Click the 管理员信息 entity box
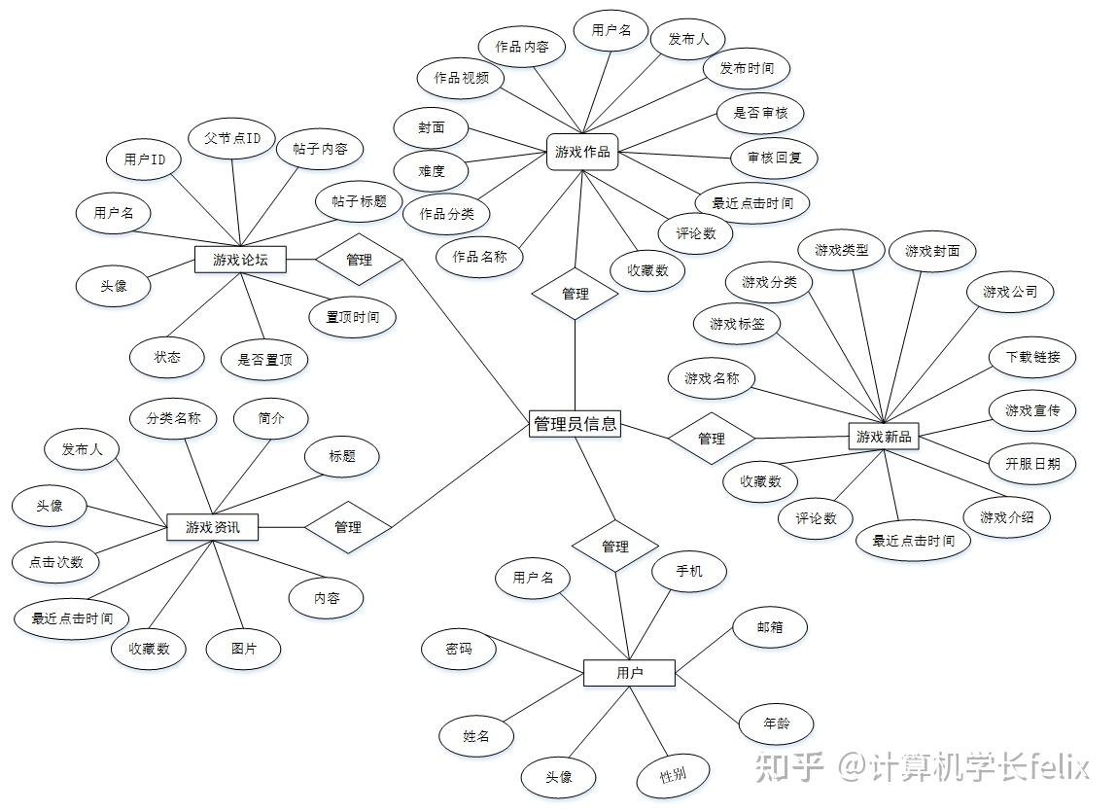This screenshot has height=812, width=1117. click(575, 424)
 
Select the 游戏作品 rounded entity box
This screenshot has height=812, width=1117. click(582, 152)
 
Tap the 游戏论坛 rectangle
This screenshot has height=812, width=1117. click(240, 260)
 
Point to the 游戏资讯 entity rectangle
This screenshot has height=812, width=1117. click(213, 527)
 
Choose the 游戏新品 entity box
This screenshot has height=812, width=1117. click(884, 437)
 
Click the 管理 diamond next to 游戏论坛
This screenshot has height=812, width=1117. click(359, 260)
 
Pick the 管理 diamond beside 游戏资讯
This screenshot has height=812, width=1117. click(348, 527)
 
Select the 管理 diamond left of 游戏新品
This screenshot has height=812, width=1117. click(712, 439)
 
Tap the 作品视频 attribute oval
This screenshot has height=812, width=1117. click(461, 78)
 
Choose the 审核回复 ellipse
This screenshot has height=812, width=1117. click(774, 157)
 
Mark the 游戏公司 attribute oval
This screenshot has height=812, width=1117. click(1009, 292)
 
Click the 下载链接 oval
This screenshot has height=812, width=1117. click(1031, 357)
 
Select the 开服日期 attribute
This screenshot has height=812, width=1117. click(1031, 464)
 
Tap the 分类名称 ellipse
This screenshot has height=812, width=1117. click(174, 418)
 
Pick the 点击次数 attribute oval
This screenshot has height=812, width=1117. click(55, 562)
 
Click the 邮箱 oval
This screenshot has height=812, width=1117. click(770, 627)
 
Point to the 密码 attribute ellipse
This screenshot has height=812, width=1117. click(459, 649)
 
